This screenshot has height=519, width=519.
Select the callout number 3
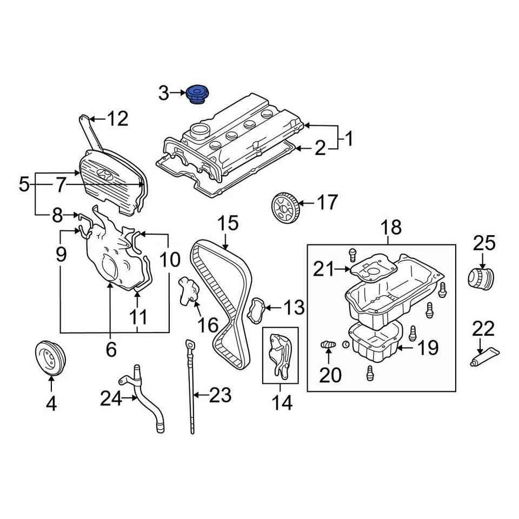164,94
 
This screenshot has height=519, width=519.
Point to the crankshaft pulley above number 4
50,357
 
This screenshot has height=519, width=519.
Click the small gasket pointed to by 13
256,310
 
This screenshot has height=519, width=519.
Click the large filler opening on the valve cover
199,131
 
